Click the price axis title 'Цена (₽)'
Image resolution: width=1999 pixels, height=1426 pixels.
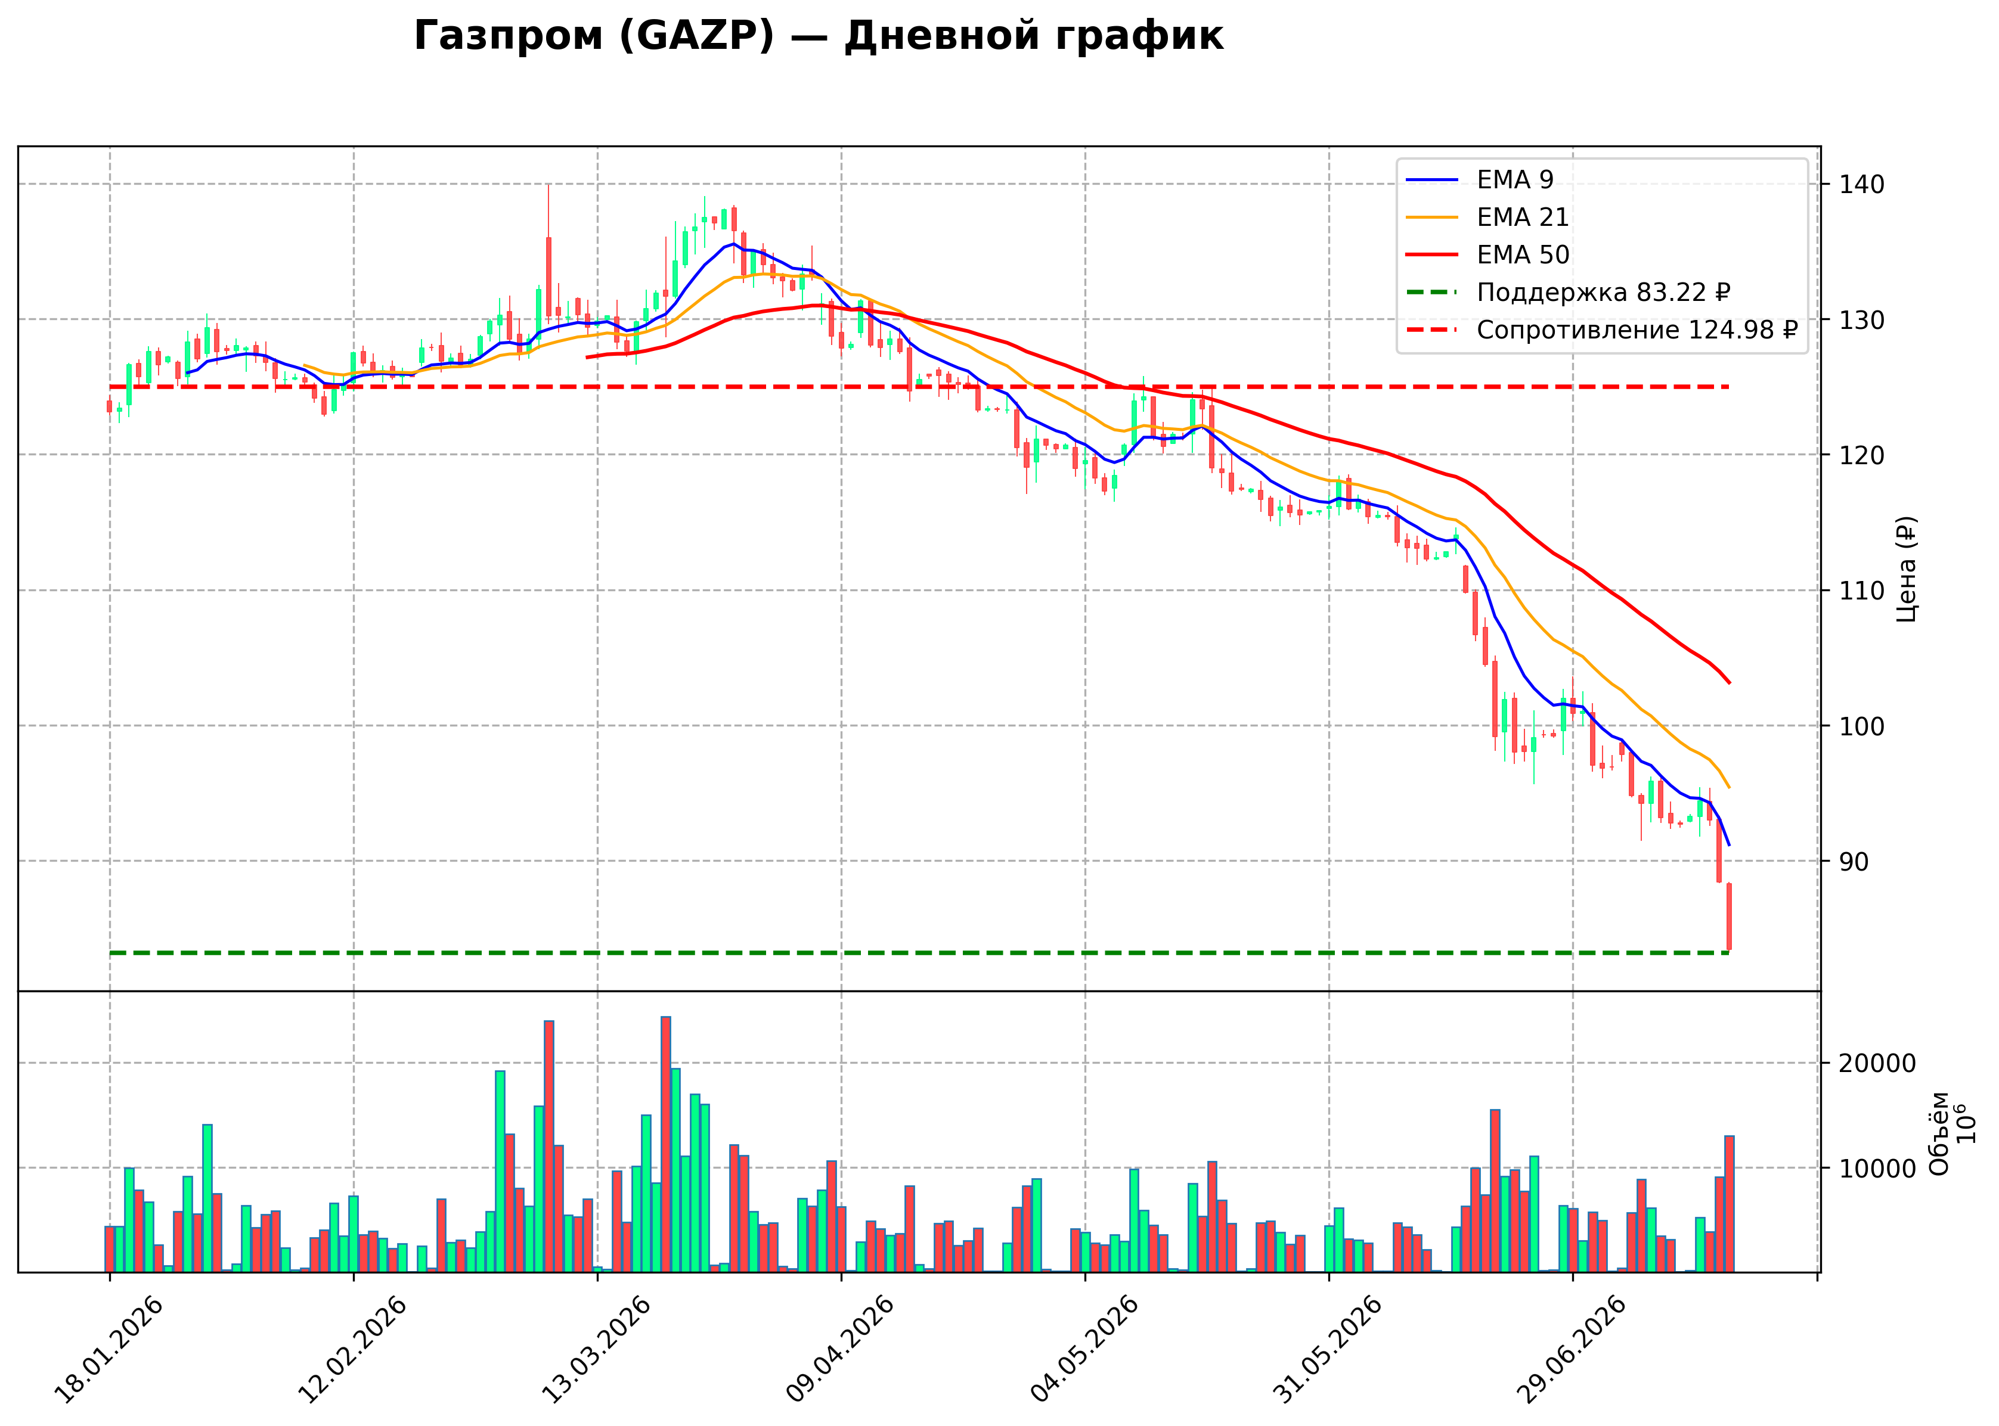click(x=1906, y=569)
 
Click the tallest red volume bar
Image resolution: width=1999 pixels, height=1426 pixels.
click(x=667, y=1144)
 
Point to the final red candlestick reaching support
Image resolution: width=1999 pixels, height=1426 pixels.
click(x=1730, y=917)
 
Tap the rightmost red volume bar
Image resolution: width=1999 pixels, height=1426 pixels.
click(x=1730, y=1204)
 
